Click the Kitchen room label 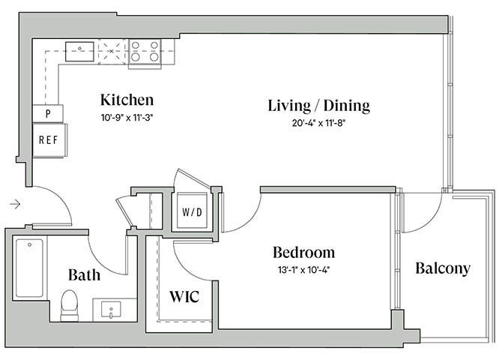tap(127, 100)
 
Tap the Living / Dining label tap(319, 106)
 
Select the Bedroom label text tap(303, 252)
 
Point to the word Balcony tap(443, 268)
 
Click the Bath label tap(84, 274)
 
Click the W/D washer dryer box tap(192, 211)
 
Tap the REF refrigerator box tap(49, 139)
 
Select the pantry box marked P tap(48, 114)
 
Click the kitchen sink tap(79, 51)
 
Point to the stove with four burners tap(145, 51)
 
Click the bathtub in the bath tap(29, 268)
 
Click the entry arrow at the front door tap(16, 202)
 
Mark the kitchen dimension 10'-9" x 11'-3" tap(127, 116)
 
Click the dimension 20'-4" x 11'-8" tap(318, 123)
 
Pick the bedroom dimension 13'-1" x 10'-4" tap(303, 269)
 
